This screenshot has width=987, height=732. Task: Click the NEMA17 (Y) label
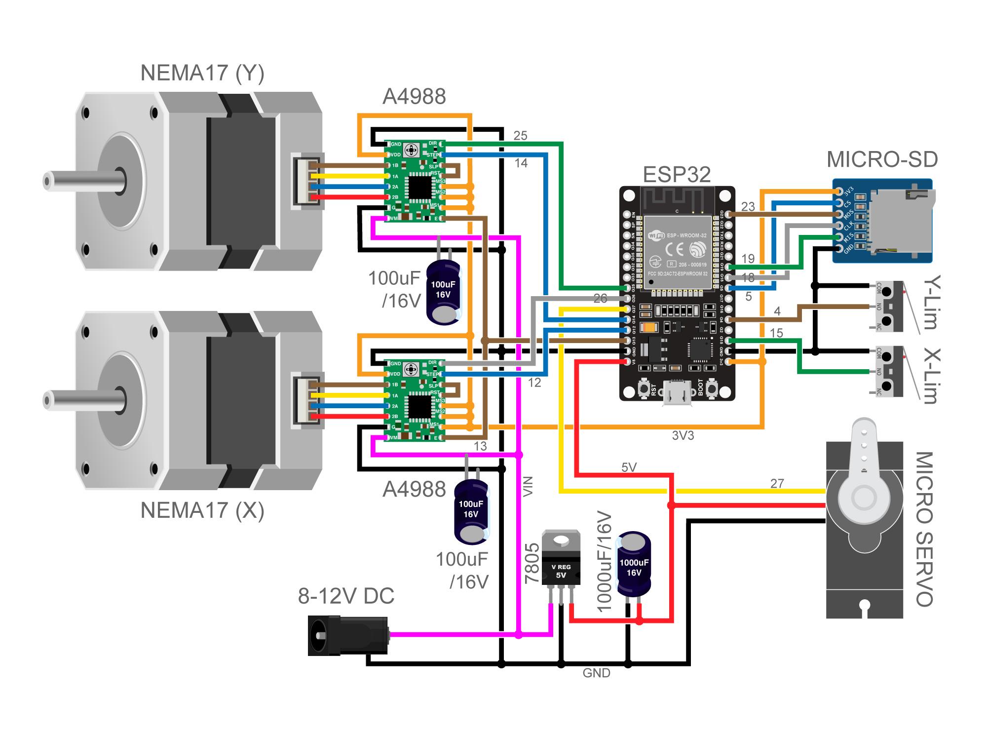click(x=202, y=73)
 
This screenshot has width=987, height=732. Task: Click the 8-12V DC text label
click(x=346, y=596)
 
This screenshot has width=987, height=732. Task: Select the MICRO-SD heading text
click(x=882, y=159)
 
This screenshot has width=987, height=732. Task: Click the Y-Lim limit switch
click(x=889, y=307)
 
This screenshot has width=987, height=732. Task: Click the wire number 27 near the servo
click(x=777, y=483)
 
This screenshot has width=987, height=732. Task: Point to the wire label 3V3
click(x=683, y=435)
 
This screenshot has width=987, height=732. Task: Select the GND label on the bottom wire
click(x=596, y=673)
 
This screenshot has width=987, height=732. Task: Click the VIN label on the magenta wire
click(x=528, y=486)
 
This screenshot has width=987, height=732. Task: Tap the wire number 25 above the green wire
click(x=520, y=135)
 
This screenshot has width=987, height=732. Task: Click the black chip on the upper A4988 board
click(x=418, y=187)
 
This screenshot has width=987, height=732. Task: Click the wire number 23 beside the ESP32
click(x=748, y=206)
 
